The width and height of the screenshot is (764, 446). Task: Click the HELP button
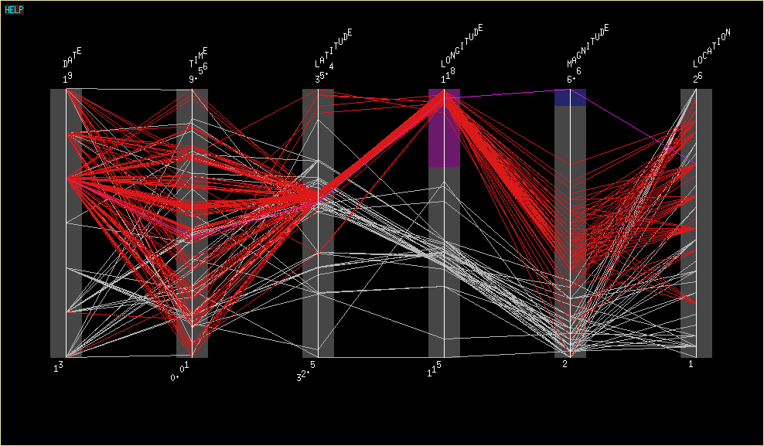point(14,10)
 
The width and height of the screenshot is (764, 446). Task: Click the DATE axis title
point(73,58)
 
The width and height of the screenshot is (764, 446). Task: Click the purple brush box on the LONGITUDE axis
point(444,128)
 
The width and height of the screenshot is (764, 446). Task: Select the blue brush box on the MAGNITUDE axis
point(570,97)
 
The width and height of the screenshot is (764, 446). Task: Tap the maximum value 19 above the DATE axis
point(68,78)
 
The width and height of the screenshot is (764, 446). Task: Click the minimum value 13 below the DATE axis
point(58,367)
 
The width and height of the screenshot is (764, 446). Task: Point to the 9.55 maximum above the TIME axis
point(198,73)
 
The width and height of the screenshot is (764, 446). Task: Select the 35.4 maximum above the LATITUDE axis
point(324,73)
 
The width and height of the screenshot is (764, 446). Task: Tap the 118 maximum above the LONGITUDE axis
point(448,75)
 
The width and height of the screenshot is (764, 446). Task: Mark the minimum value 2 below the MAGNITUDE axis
point(564,363)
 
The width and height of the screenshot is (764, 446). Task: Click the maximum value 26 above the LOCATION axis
point(697,77)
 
